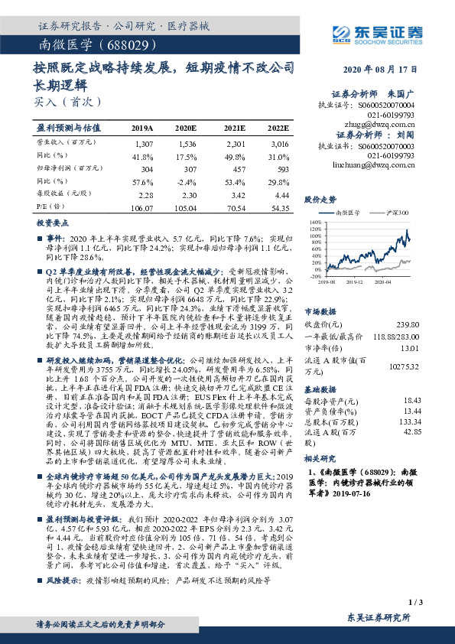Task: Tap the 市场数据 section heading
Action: point(321,311)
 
